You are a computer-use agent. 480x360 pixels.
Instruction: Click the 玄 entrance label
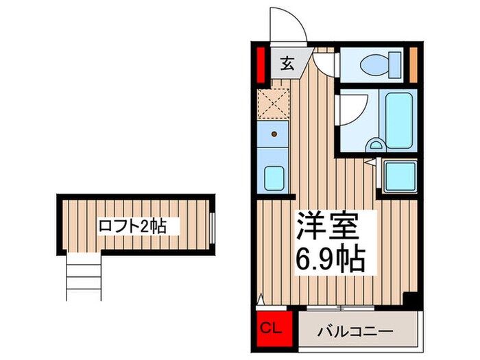(287, 65)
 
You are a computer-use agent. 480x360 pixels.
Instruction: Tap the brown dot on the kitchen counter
(274, 134)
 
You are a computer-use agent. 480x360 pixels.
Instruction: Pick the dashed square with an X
(274, 105)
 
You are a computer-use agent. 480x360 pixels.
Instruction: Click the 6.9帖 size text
(331, 259)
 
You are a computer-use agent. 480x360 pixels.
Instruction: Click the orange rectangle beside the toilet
(413, 62)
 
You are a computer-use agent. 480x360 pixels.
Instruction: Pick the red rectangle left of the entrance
(261, 63)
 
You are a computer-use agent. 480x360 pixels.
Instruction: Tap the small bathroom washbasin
(376, 145)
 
